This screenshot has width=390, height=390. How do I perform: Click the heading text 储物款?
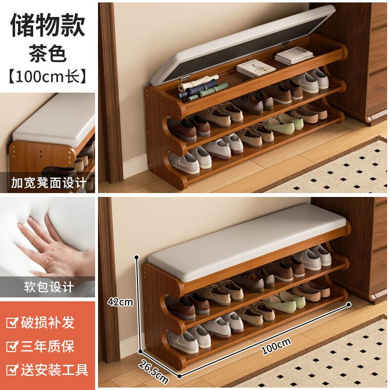pos(47,25)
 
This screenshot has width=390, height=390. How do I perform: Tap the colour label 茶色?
pos(47,54)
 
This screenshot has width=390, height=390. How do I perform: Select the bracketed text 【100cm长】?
pos(47,77)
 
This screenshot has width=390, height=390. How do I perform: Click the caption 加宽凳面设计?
pos(49,183)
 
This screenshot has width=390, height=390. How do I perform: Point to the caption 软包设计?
pos(49,287)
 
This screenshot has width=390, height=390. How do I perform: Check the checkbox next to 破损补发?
pos(12,323)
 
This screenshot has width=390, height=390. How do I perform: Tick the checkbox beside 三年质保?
pos(12,346)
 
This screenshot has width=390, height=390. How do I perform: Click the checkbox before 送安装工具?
pos(12,370)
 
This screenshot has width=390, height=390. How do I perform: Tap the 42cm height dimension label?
pos(120,302)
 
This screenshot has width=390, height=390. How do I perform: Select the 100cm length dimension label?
pos(276,346)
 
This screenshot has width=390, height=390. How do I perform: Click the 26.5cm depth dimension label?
pos(154,372)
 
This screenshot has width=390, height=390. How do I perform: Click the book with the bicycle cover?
pos(255,68)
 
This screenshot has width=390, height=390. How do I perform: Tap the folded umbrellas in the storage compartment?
pos(201,88)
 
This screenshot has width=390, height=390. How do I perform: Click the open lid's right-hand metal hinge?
pos(284,45)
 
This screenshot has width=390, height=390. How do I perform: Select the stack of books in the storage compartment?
pos(293,56)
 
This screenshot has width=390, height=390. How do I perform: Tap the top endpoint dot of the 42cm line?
pos(136,257)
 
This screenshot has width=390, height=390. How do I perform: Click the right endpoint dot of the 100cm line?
pos(349,304)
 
